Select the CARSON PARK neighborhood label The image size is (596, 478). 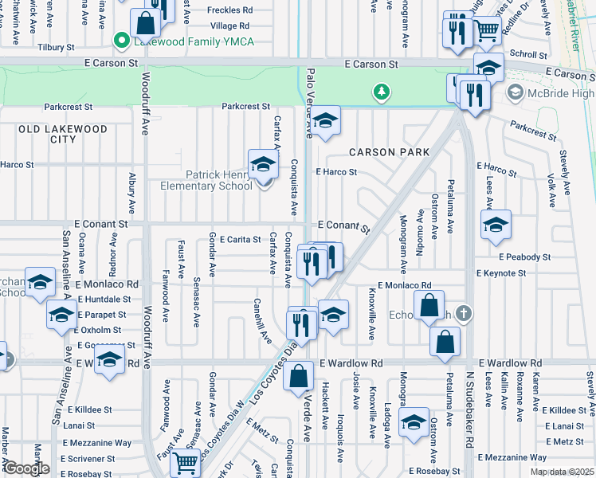point(389,152)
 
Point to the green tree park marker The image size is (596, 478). point(382,92)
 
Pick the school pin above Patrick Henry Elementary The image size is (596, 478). point(262,164)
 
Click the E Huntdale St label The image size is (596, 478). point(103,300)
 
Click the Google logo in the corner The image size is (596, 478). point(26,468)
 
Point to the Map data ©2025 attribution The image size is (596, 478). point(562,472)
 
